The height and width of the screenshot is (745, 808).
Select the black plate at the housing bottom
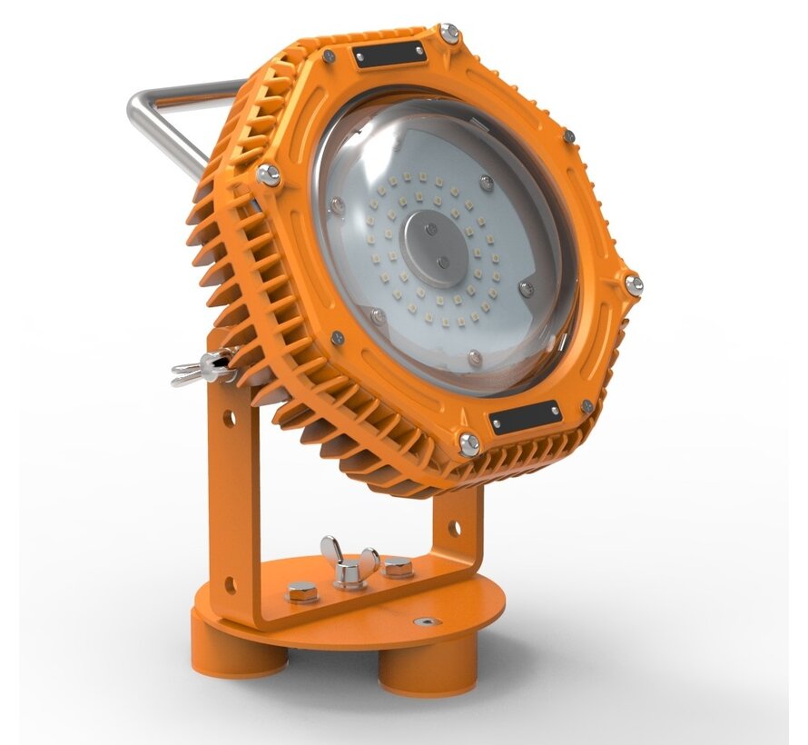tap(525, 417)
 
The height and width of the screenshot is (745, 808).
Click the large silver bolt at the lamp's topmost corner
tap(448, 34)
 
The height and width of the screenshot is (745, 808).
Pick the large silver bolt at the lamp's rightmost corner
tap(633, 284)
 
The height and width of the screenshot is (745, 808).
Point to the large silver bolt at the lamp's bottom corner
tap(469, 443)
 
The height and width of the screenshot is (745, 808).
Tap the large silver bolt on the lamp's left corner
tap(269, 175)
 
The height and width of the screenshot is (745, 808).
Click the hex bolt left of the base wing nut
tap(301, 592)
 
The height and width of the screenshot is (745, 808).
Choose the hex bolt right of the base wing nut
tap(398, 569)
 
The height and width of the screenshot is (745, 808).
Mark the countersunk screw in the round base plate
tap(426, 622)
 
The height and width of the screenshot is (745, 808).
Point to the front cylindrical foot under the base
tap(425, 673)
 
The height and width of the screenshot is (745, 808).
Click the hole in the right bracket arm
tap(454, 528)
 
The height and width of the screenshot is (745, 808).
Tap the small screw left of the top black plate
tap(329, 56)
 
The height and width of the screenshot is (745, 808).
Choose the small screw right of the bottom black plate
tap(586, 406)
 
